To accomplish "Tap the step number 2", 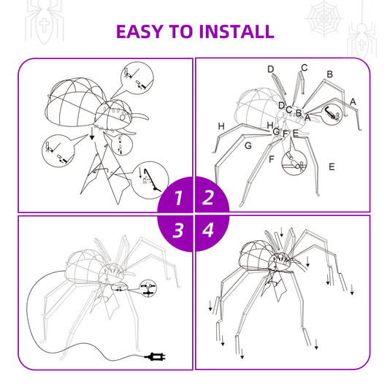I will (208, 197).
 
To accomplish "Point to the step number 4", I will (208, 231).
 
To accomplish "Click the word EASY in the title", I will (142, 31).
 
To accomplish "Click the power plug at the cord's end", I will (154, 357).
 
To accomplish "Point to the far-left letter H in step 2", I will (221, 126).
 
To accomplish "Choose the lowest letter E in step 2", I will (332, 166).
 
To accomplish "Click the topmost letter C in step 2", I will (304, 68).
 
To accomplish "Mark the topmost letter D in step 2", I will (270, 69).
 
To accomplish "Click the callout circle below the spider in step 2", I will (296, 163).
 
